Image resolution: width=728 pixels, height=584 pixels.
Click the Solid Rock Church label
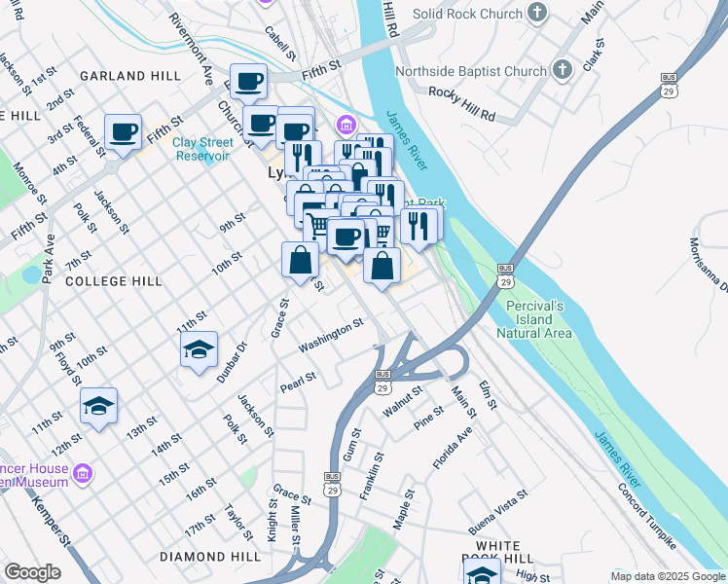(x=466, y=14)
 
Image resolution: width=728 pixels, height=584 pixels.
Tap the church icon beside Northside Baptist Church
(x=562, y=71)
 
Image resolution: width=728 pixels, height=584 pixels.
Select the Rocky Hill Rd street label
(x=462, y=104)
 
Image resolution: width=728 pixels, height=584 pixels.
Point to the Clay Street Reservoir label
(x=201, y=149)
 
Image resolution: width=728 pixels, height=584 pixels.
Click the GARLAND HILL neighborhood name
(x=129, y=75)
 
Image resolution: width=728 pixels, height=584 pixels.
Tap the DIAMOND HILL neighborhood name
(x=210, y=557)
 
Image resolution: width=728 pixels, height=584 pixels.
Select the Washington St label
(x=331, y=336)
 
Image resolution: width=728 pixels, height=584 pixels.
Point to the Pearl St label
(x=298, y=380)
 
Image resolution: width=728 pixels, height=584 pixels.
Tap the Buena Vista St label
(x=498, y=512)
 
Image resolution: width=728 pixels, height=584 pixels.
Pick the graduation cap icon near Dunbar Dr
(x=200, y=350)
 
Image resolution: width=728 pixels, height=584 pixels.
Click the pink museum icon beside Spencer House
(x=84, y=473)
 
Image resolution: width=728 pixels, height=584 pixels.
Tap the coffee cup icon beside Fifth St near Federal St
(x=123, y=131)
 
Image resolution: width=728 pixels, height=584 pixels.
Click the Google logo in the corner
(x=32, y=572)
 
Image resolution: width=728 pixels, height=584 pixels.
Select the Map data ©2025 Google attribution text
(x=667, y=576)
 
